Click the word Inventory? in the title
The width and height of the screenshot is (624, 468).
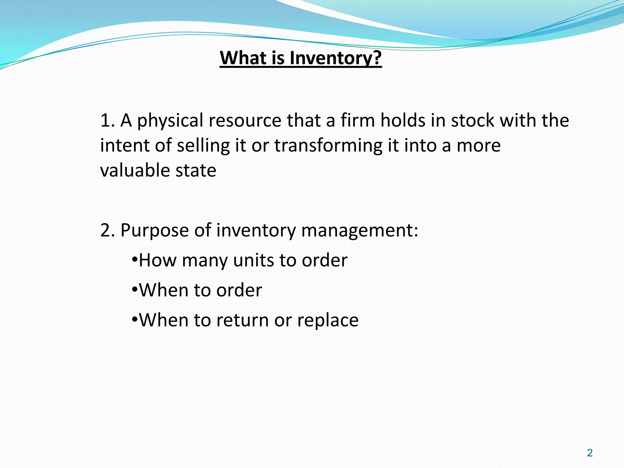(x=335, y=58)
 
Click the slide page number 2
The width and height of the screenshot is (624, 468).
(x=590, y=453)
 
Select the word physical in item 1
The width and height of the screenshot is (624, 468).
(x=170, y=121)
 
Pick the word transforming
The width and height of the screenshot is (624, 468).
(x=328, y=145)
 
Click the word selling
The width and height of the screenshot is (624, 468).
(x=203, y=145)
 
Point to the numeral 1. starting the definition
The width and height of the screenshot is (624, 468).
(x=107, y=120)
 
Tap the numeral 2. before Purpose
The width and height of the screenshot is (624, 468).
(x=108, y=230)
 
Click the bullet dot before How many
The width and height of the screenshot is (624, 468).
(x=135, y=260)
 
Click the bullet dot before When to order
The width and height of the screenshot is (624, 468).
(x=135, y=290)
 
